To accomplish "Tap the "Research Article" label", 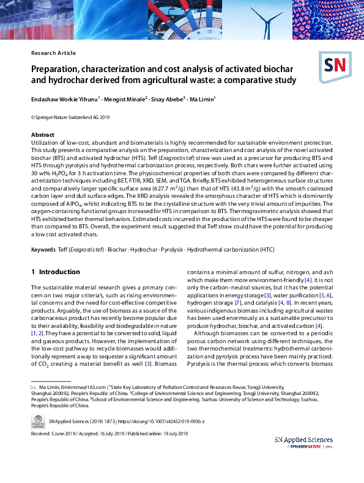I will pyautogui.click(x=52, y=53).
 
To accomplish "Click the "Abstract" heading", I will pyautogui.click(x=44, y=134).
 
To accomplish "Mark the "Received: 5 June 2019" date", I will pyautogui.click(x=54, y=434).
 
